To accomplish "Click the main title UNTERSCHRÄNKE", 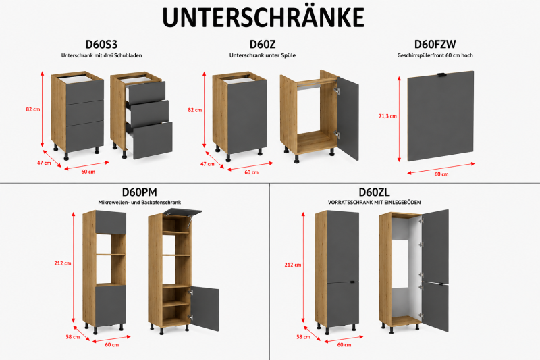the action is pyautogui.click(x=263, y=17).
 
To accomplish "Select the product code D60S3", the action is pyautogui.click(x=101, y=45).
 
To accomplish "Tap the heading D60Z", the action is pyautogui.click(x=263, y=45).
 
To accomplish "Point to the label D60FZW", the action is pyautogui.click(x=435, y=45).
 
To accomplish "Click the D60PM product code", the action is pyautogui.click(x=140, y=192).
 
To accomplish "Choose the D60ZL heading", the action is pyautogui.click(x=374, y=192).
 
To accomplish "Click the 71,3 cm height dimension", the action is pyautogui.click(x=387, y=116).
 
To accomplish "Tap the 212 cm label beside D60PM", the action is pyautogui.click(x=63, y=263).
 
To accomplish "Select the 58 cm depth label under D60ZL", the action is pyautogui.click(x=303, y=337).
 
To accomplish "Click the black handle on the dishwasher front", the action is pyautogui.click(x=441, y=75).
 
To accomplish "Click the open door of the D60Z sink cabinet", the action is pyautogui.click(x=348, y=118).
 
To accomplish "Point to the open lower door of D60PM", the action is pyautogui.click(x=205, y=308).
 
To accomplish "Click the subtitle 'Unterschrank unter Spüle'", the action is pyautogui.click(x=263, y=55).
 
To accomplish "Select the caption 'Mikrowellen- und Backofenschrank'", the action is pyautogui.click(x=140, y=203).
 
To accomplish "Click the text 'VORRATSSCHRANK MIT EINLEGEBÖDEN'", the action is pyautogui.click(x=375, y=203).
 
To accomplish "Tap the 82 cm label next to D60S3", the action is pyautogui.click(x=33, y=109).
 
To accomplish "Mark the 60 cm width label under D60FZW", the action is pyautogui.click(x=441, y=174).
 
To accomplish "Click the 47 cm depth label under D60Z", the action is pyautogui.click(x=207, y=164).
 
